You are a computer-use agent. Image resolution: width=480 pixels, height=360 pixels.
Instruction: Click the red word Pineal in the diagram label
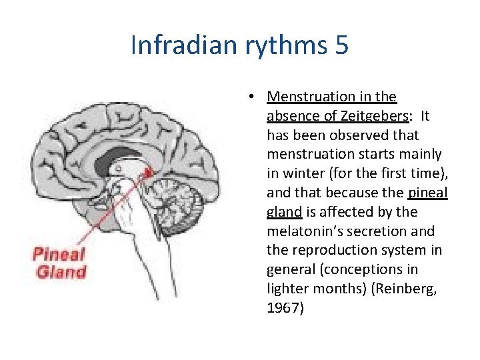click(60, 254)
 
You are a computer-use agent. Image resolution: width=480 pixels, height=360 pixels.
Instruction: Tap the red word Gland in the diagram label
click(61, 271)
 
